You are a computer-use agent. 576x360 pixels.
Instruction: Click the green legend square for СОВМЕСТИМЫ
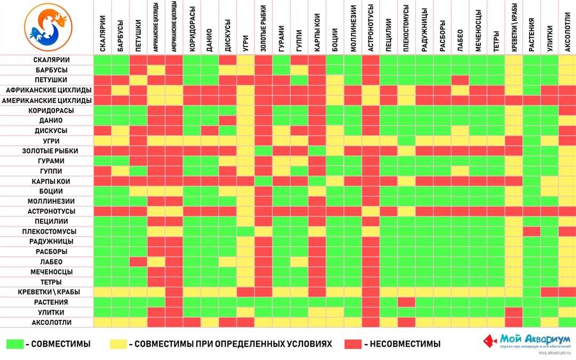[x=14, y=344]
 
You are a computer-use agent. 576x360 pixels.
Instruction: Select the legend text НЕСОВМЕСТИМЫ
[x=402, y=344]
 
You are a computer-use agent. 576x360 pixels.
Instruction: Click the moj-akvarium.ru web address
[x=554, y=353]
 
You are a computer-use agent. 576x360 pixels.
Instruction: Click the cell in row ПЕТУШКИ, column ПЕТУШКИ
[x=139, y=80]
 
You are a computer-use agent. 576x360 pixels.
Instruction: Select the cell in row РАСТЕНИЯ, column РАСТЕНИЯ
[x=532, y=302]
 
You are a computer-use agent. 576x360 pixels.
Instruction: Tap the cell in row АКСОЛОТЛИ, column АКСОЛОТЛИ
[x=567, y=323]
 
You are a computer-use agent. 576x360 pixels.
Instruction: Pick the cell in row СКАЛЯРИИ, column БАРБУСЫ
[x=121, y=60]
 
